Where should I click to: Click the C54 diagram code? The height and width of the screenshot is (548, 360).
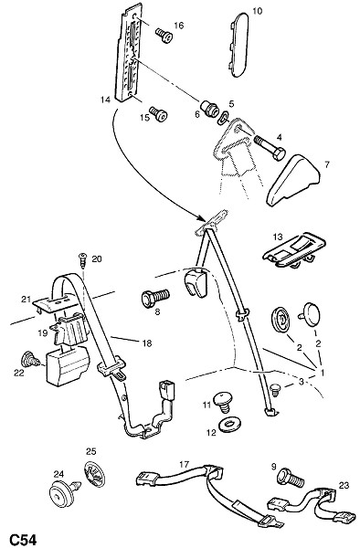pyautogui.click(x=23, y=539)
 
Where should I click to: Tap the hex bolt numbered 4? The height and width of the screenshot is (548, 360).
pyautogui.click(x=270, y=147)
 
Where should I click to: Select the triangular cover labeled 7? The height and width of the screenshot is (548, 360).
pyautogui.click(x=293, y=180)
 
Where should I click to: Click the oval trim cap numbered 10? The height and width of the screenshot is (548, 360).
pyautogui.click(x=239, y=45)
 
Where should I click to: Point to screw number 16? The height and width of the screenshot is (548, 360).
pyautogui.click(x=164, y=36)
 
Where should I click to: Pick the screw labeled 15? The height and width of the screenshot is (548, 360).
pyautogui.click(x=159, y=114)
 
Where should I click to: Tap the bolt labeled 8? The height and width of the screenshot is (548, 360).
pyautogui.click(x=155, y=298)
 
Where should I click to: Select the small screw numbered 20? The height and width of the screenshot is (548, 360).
pyautogui.click(x=83, y=259)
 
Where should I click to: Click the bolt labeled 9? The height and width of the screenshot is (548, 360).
pyautogui.click(x=291, y=477)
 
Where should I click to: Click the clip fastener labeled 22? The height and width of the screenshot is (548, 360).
pyautogui.click(x=29, y=360)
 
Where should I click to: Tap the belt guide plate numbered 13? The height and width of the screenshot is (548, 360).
pyautogui.click(x=294, y=250)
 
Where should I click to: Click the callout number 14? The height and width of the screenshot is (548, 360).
pyautogui.click(x=105, y=100)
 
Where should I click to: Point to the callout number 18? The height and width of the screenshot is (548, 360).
pyautogui.click(x=147, y=343)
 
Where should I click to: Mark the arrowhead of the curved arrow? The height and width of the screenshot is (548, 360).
pyautogui.click(x=201, y=219)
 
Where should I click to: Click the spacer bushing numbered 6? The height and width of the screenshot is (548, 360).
pyautogui.click(x=209, y=108)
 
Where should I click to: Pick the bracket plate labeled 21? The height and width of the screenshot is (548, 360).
pyautogui.click(x=55, y=302)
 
